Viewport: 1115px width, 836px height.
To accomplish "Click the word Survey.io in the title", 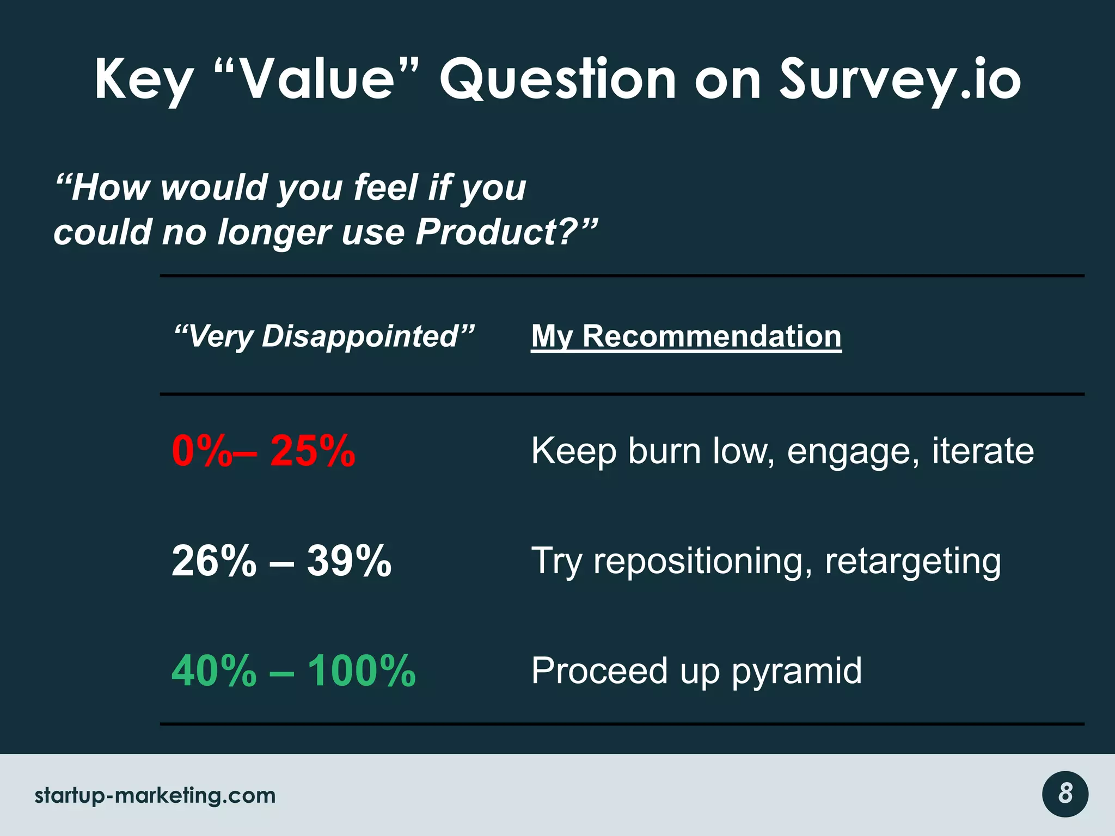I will pos(899,81).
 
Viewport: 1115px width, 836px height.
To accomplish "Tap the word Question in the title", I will pos(557,81).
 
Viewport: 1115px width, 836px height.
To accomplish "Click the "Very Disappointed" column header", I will pos(324,336).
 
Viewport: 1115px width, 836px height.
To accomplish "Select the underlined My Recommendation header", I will pos(686,336).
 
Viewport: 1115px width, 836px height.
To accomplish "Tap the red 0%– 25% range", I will pos(264,451).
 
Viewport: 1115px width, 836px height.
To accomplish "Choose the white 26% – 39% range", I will pos(281,561).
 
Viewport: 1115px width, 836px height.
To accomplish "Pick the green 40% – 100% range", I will pos(293,671).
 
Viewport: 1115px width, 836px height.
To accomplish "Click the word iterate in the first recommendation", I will pos(983,451).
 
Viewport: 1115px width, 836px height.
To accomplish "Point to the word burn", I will pos(664,451).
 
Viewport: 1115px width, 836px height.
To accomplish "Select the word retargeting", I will pos(912,562).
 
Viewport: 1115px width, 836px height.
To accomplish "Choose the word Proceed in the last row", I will pos(599,671).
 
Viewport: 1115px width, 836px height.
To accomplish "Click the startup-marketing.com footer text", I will pos(155,796).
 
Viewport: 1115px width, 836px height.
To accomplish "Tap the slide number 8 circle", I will pos(1065,794).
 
